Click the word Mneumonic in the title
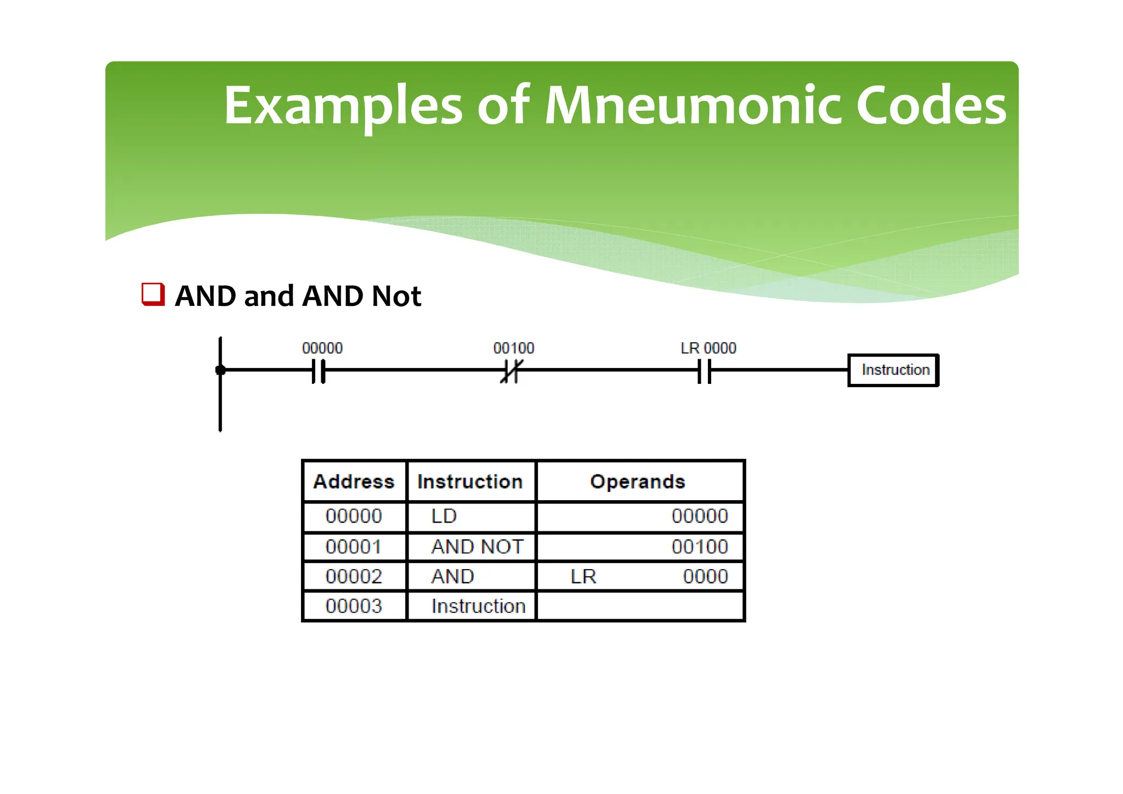pos(692,105)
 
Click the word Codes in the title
pos(931,105)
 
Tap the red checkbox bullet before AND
pos(153,294)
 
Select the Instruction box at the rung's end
pos(894,370)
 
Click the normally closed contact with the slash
pos(511,371)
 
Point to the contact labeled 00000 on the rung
pos(319,371)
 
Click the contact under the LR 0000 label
pos(705,371)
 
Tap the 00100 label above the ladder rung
pos(513,348)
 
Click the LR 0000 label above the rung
pos(708,348)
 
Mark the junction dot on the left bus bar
pos(220,371)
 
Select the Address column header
pos(354,481)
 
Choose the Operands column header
pos(637,481)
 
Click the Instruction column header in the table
pos(470,481)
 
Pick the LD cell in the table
pos(444,516)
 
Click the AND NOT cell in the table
pos(477,547)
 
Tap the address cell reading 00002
pos(354,576)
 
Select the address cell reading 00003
pos(354,606)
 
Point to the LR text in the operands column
pos(583,576)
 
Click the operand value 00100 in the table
pos(699,547)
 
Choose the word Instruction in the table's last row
pos(478,606)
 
